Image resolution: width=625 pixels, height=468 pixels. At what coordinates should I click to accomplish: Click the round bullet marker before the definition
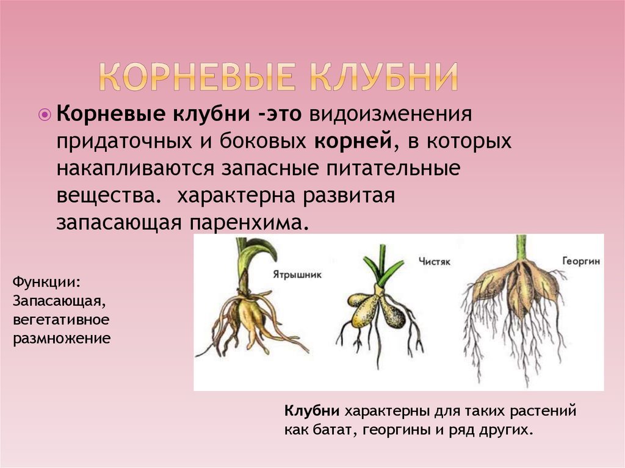pyautogui.click(x=45, y=115)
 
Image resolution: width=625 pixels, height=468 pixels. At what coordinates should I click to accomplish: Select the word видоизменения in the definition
pyautogui.click(x=391, y=114)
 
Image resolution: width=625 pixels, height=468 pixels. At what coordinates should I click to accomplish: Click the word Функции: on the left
pyautogui.click(x=47, y=283)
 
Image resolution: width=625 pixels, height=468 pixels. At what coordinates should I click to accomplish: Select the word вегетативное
pyautogui.click(x=61, y=320)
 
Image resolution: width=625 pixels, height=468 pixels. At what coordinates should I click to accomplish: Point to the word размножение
pyautogui.click(x=62, y=339)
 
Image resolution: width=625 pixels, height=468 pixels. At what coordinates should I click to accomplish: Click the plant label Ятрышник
pyautogui.click(x=297, y=275)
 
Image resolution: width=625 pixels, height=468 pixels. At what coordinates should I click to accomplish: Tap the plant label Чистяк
pyautogui.click(x=435, y=262)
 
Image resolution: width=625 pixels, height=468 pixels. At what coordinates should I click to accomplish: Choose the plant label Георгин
pyautogui.click(x=581, y=261)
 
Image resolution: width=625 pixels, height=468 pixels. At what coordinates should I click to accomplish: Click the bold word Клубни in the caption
pyautogui.click(x=312, y=411)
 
